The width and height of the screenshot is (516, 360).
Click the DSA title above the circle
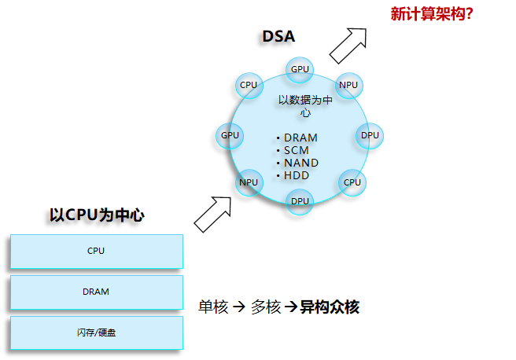(278, 36)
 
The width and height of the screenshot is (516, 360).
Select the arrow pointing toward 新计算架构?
(348, 45)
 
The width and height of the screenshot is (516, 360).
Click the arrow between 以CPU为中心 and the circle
(212, 214)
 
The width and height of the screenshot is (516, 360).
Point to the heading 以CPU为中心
(97, 215)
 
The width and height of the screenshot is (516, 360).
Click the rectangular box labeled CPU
(96, 252)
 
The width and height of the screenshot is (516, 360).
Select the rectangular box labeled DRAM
(96, 292)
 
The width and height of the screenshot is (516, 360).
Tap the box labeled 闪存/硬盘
(96, 332)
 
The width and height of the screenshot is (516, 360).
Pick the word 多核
(266, 307)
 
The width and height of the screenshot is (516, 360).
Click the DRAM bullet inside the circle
(300, 138)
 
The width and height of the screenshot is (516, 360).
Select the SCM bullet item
(296, 150)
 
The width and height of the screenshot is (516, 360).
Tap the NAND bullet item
(300, 163)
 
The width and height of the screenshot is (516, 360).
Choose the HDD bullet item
(297, 175)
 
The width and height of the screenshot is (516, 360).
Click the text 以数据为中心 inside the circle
(305, 106)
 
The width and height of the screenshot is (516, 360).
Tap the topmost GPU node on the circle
(300, 69)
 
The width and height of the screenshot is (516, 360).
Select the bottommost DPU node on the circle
(300, 201)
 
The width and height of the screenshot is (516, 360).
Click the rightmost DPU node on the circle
(370, 135)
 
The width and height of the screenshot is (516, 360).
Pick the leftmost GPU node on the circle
(230, 135)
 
